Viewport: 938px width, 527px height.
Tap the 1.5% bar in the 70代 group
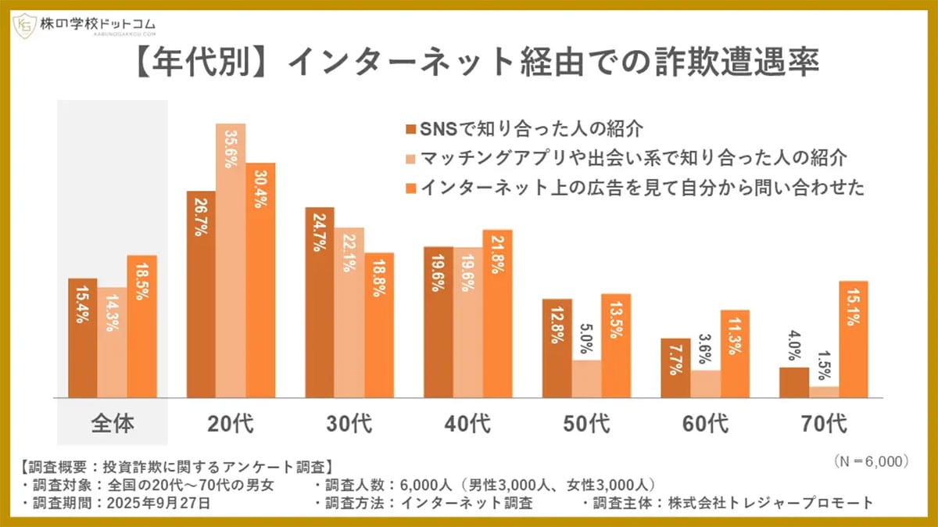[x=823, y=392]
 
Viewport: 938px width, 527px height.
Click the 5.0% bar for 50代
[x=586, y=378]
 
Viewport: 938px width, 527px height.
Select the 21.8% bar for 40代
[x=497, y=314]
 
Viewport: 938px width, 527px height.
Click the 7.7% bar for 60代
[x=675, y=368]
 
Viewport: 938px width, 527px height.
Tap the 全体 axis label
[x=113, y=424]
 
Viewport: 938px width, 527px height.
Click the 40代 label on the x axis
[x=467, y=424]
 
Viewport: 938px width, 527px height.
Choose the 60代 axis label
[x=704, y=424]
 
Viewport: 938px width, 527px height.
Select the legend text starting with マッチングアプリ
[x=633, y=158]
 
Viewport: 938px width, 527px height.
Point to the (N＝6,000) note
[x=866, y=462]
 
